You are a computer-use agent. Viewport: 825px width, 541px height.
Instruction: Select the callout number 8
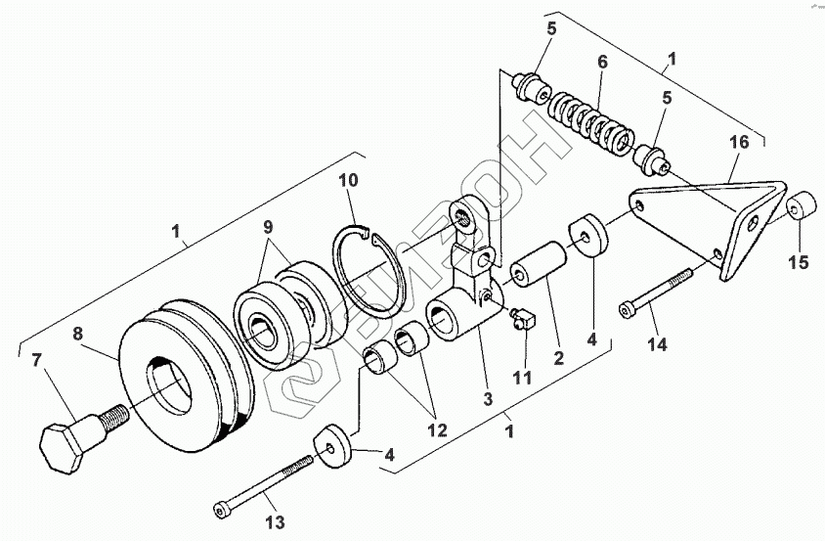point(79,333)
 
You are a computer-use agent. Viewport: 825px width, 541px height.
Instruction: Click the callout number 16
point(740,142)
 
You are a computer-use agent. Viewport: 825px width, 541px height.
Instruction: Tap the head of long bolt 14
point(627,311)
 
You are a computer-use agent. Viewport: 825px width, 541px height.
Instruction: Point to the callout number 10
point(350,179)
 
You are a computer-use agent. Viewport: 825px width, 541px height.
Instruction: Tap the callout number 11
point(525,378)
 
